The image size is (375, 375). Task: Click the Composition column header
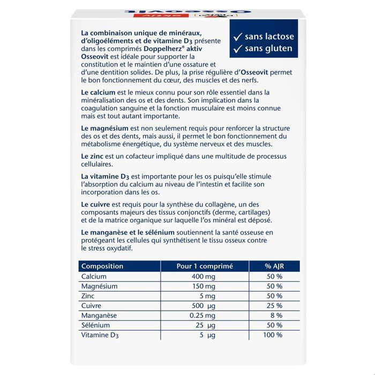coord(101,266)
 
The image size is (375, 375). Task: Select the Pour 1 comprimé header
coord(202,266)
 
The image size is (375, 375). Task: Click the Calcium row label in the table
coord(93,276)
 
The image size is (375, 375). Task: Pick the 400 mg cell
coord(202,276)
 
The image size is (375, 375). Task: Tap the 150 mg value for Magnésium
coord(202,286)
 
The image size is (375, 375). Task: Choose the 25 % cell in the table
coord(274,305)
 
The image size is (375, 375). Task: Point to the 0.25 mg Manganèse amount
coord(202,315)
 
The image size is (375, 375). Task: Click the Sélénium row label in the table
coord(95,325)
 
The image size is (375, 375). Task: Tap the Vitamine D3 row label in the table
coord(100,335)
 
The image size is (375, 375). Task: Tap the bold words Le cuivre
coord(95,205)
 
